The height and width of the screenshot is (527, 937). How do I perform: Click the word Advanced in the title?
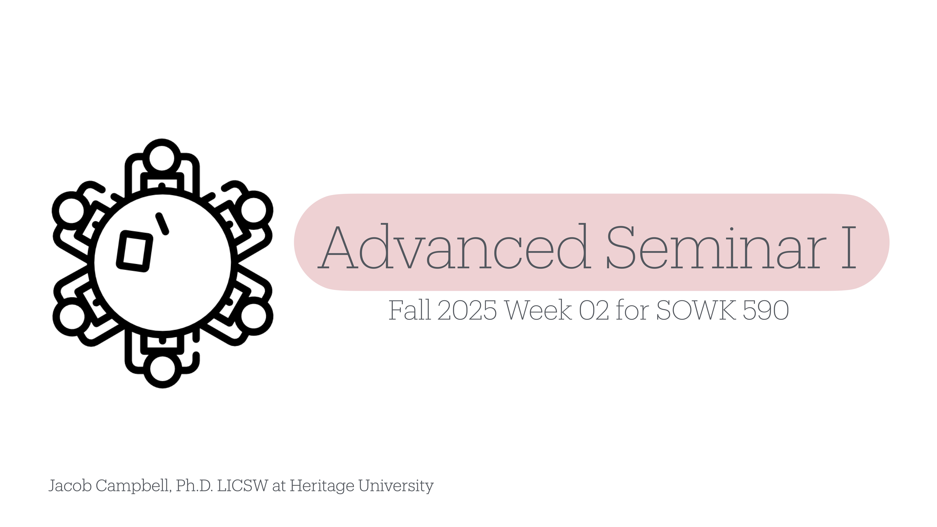pyautogui.click(x=455, y=247)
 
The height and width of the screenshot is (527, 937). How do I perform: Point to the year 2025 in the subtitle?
pyautogui.click(x=467, y=310)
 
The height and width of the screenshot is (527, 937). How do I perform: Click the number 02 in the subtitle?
pyautogui.click(x=594, y=310)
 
